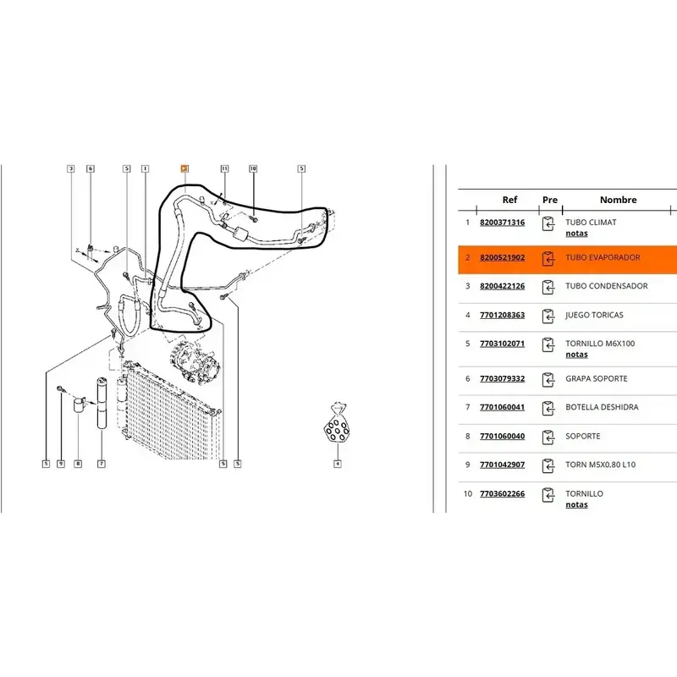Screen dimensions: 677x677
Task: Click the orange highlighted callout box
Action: pyautogui.click(x=184, y=168)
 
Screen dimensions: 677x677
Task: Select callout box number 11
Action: pyautogui.click(x=224, y=168)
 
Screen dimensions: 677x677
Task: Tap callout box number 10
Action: pyautogui.click(x=252, y=168)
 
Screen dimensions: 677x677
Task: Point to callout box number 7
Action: pyautogui.click(x=101, y=463)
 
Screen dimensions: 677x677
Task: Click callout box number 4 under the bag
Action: pyautogui.click(x=337, y=463)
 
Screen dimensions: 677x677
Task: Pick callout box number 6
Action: pyautogui.click(x=91, y=168)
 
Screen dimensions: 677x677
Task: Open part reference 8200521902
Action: pyautogui.click(x=502, y=257)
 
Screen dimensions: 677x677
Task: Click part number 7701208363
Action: pyautogui.click(x=502, y=315)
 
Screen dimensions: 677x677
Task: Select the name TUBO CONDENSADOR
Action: pyautogui.click(x=606, y=286)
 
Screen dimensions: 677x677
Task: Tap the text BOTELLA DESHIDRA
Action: pyautogui.click(x=602, y=407)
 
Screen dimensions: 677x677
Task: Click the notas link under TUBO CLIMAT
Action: pyautogui.click(x=576, y=233)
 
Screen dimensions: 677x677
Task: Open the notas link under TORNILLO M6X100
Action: pyautogui.click(x=576, y=355)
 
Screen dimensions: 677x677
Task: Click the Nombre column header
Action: pyautogui.click(x=618, y=201)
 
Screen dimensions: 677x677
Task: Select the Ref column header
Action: pyautogui.click(x=509, y=201)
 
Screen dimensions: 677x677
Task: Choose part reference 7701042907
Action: pyautogui.click(x=502, y=465)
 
